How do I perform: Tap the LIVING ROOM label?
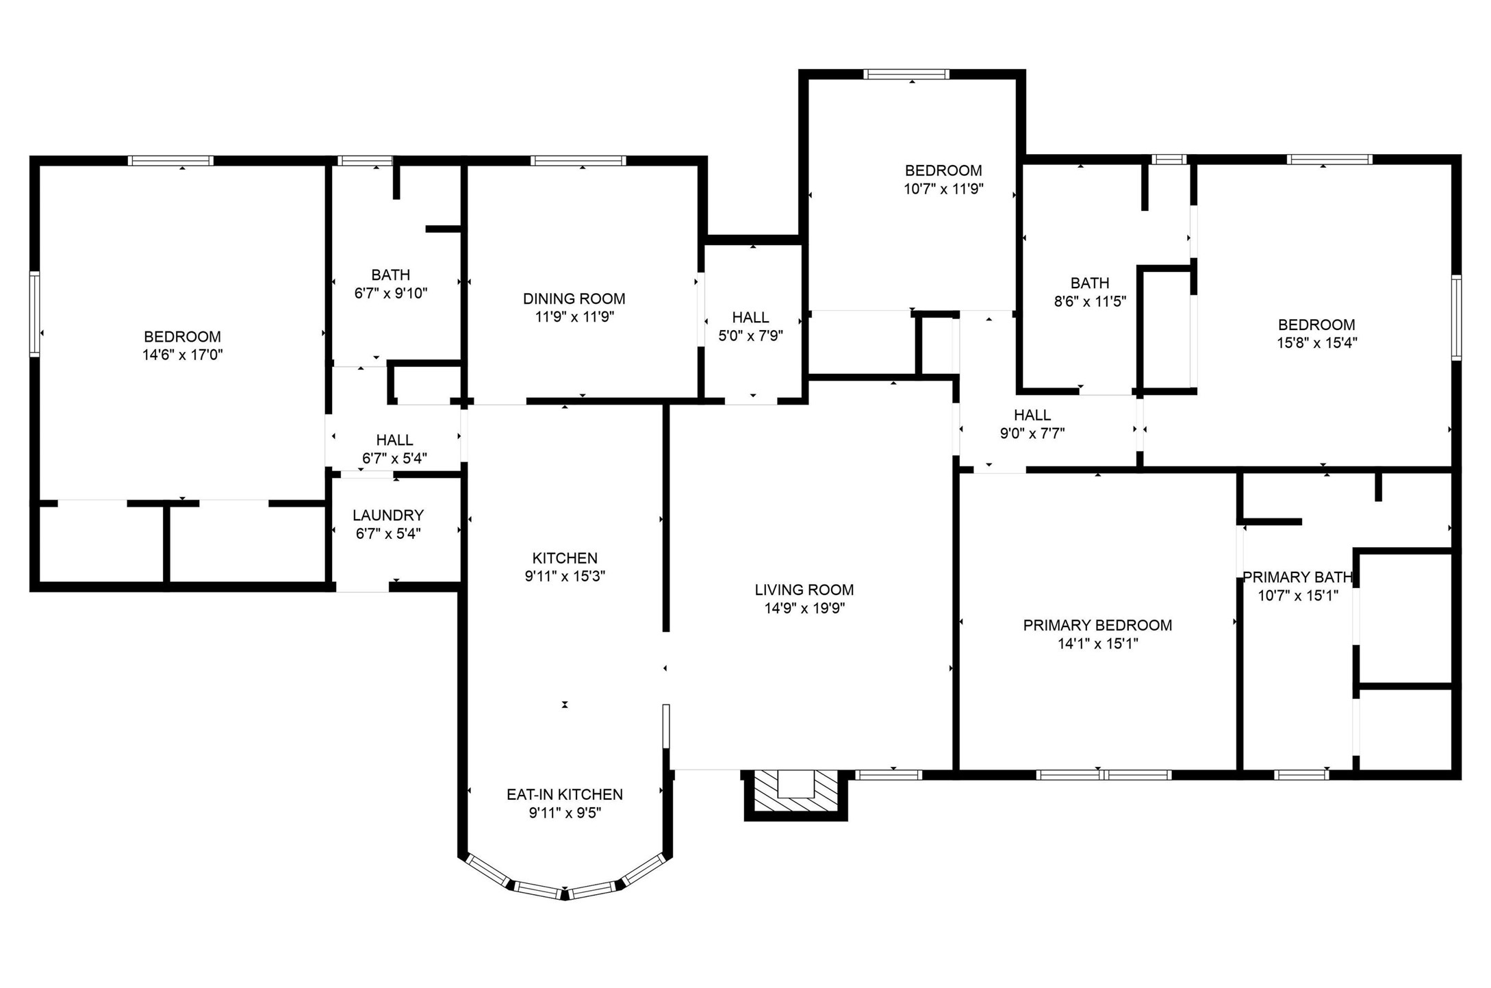[804, 590]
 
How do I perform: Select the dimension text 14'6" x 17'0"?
[182, 355]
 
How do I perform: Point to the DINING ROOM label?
[574, 299]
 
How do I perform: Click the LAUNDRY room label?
[388, 515]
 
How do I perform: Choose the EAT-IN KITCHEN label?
[564, 794]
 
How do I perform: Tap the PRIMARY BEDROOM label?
[1097, 625]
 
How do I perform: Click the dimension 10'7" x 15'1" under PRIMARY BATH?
[1297, 596]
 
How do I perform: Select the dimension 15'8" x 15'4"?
[1316, 342]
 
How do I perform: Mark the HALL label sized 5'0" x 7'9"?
[750, 317]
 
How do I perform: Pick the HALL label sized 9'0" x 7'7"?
[1032, 415]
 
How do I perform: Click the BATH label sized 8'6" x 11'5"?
[1089, 283]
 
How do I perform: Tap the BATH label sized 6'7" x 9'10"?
[390, 275]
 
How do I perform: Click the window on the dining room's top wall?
[578, 161]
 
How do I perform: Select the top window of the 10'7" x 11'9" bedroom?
[906, 74]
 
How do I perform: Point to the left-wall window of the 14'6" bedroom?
[34, 314]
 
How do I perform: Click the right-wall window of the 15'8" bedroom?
[1456, 318]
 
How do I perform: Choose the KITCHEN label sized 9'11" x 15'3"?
[565, 558]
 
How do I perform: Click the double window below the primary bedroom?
[1103, 775]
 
